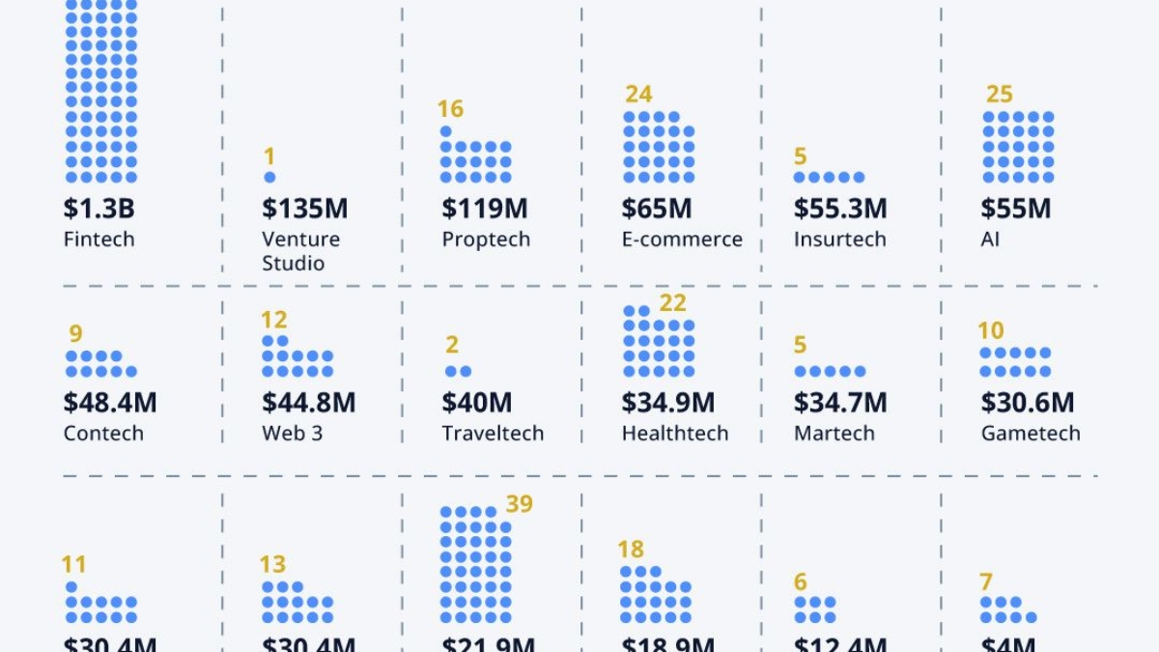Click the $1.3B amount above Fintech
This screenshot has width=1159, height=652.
(99, 209)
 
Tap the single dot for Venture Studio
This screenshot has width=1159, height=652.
(269, 177)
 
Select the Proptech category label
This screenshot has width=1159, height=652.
(486, 240)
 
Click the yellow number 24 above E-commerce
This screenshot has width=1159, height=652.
(638, 95)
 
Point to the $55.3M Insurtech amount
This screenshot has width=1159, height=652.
(840, 209)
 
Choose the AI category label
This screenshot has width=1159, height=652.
(990, 240)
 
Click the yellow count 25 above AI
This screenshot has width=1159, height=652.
(1000, 95)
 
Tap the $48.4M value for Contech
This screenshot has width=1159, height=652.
(110, 403)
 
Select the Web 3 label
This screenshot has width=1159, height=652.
(292, 434)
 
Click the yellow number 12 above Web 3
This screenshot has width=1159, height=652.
(274, 320)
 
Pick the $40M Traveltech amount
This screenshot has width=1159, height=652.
(477, 403)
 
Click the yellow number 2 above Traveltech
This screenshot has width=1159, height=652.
(452, 345)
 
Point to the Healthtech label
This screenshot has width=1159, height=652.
(675, 434)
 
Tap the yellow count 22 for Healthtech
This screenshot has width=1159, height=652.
(672, 303)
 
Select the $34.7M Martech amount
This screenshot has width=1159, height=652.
(840, 403)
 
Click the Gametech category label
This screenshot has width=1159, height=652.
(1031, 434)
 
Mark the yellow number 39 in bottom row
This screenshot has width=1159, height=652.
(519, 504)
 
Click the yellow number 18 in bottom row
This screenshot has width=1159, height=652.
(631, 550)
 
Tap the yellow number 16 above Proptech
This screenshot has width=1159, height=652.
(450, 109)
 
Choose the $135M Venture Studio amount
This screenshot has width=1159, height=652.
(304, 209)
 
